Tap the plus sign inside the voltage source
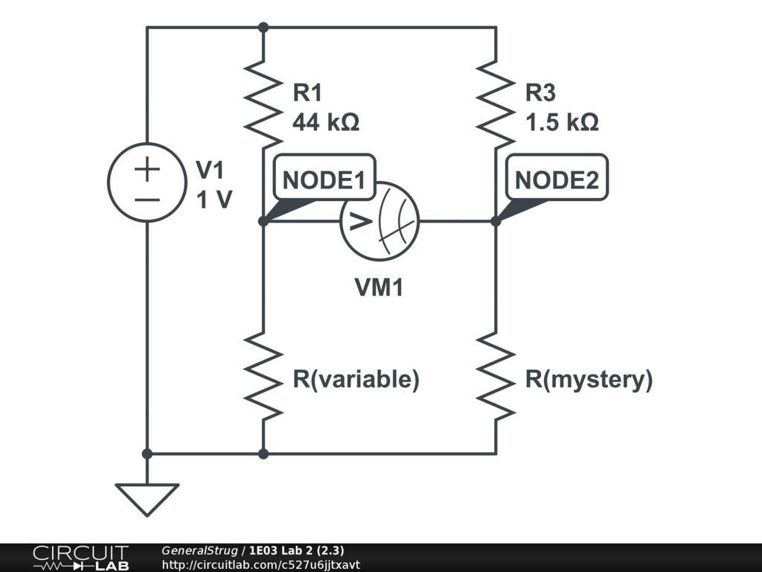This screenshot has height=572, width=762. [147, 169]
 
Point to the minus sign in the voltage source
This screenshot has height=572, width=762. [147, 199]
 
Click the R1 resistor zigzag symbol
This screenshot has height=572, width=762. [263, 104]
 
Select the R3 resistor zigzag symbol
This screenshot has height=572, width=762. [496, 104]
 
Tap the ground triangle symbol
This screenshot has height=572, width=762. [147, 499]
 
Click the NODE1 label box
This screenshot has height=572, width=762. [324, 177]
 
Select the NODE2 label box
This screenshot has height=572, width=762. [557, 177]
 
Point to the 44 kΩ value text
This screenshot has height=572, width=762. [326, 122]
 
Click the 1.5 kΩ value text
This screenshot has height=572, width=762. [562, 122]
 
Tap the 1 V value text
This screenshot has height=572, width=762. [214, 200]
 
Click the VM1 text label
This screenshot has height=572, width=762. [379, 287]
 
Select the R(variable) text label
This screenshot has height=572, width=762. [356, 379]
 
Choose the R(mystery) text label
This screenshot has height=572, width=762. [589, 379]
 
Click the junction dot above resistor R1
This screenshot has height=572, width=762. [263, 28]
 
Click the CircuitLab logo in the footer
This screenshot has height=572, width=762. [80, 558]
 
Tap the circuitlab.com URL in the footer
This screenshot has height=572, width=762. [261, 565]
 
